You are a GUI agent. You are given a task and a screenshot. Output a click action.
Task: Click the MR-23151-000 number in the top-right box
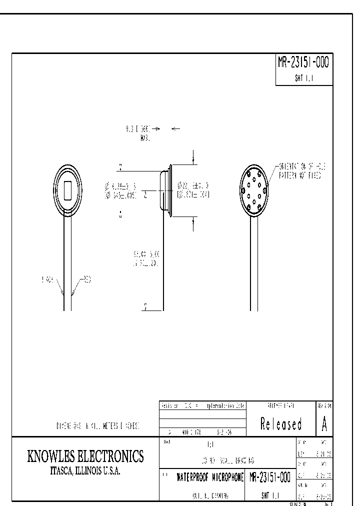(303, 63)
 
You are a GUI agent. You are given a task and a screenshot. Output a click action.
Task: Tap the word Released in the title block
(281, 424)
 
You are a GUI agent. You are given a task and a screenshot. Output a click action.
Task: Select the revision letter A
(324, 424)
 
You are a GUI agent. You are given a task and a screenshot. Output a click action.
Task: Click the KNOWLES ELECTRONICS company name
(85, 456)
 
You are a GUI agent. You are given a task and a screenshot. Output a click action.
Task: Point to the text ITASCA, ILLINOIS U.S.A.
(85, 471)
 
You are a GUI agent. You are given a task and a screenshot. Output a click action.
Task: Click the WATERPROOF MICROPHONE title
(210, 477)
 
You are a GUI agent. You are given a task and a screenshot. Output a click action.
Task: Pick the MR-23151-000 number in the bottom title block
(269, 477)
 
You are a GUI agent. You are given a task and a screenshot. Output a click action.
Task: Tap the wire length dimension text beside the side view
(142, 258)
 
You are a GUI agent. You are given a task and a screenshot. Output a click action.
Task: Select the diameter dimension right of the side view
(193, 189)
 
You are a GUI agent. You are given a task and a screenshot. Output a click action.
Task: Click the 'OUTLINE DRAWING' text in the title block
(210, 495)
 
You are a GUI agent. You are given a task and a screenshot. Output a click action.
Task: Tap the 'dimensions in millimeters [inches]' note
(97, 426)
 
